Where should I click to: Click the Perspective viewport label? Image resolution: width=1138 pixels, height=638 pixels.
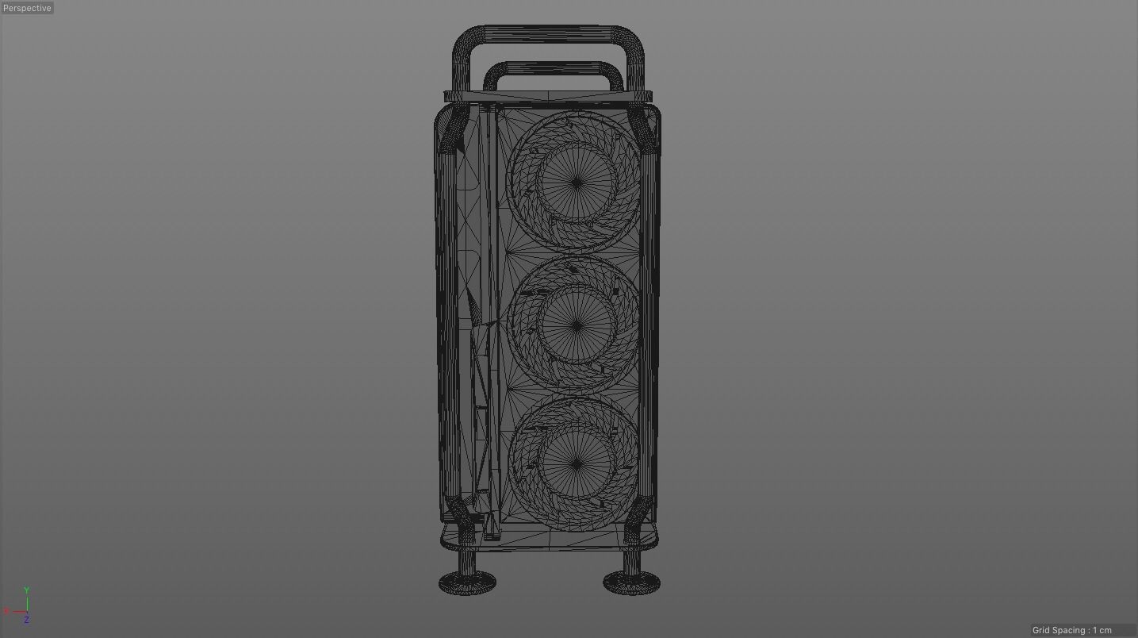pyautogui.click(x=27, y=8)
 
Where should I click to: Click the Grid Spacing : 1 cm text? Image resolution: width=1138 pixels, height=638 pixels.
pyautogui.click(x=1071, y=630)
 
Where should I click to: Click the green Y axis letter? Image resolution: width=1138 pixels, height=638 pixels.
pyautogui.click(x=26, y=590)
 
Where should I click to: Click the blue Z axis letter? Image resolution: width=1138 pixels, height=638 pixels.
pyautogui.click(x=26, y=620)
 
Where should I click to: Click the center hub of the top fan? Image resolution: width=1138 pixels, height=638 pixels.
pyautogui.click(x=577, y=183)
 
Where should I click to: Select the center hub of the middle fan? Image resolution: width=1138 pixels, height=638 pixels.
pyautogui.click(x=577, y=325)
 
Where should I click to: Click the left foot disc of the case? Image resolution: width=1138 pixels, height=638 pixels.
pyautogui.click(x=467, y=584)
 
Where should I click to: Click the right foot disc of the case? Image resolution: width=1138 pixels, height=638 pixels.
pyautogui.click(x=631, y=584)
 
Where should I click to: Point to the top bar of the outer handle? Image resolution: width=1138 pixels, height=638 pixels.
pyautogui.click(x=547, y=34)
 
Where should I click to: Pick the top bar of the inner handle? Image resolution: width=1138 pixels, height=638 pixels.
pyautogui.click(x=553, y=69)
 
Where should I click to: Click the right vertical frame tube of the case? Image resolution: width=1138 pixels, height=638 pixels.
pyautogui.click(x=649, y=317)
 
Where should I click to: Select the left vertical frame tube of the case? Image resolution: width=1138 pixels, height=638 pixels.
pyautogui.click(x=446, y=317)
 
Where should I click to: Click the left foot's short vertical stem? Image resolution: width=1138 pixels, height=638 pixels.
pyautogui.click(x=467, y=560)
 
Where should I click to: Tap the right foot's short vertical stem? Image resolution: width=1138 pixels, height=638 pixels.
pyautogui.click(x=631, y=560)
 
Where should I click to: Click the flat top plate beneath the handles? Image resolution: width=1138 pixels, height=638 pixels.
pyautogui.click(x=547, y=97)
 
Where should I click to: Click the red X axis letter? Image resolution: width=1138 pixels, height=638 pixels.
pyautogui.click(x=6, y=611)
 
